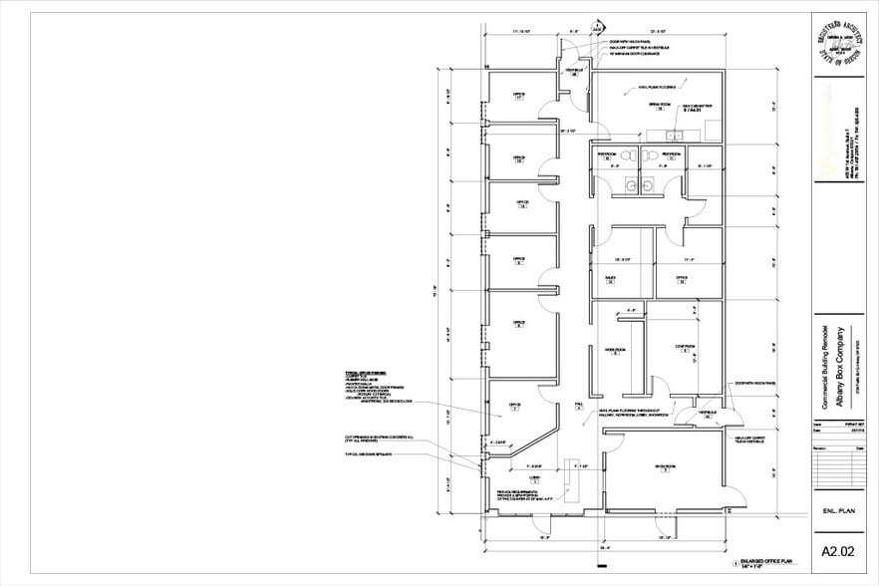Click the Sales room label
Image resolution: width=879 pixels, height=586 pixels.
click(x=611, y=279)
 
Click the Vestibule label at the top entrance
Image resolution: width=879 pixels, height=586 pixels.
click(x=575, y=72)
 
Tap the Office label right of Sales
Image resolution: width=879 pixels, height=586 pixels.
click(x=682, y=279)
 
